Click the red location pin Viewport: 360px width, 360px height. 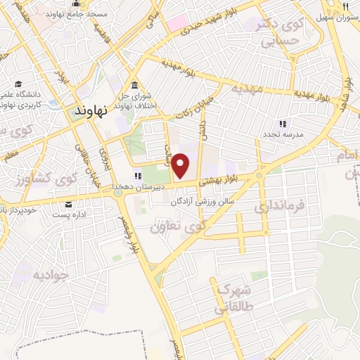coord(181,166)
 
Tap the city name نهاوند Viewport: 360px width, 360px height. coord(93,111)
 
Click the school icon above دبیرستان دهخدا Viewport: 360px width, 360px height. coord(138,176)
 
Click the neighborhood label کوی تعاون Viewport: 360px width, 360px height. coord(179,227)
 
